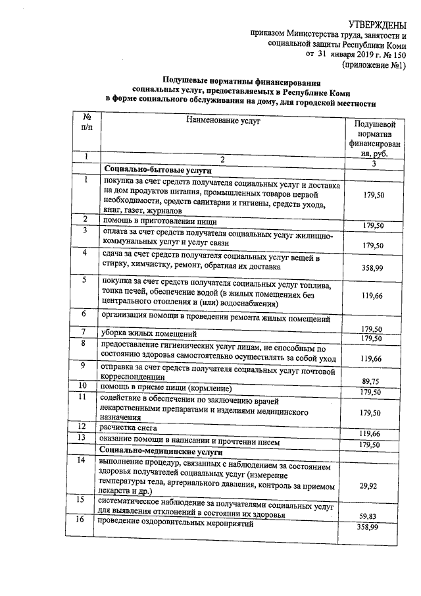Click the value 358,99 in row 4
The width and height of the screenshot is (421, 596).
373,268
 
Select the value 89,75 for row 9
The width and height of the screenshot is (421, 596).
373,380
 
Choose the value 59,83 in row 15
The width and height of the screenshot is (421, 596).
373,517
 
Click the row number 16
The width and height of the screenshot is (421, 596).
83,520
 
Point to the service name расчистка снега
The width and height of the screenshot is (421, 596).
128,427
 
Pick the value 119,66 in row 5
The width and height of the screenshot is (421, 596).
373,296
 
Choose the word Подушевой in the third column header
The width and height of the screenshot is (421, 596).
374,124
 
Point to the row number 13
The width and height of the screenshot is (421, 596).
83,438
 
